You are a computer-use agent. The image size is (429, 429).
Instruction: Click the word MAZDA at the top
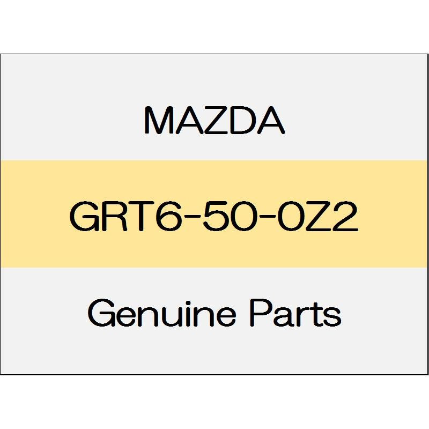(x=214, y=121)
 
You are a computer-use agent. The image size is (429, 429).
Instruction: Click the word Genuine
(x=162, y=313)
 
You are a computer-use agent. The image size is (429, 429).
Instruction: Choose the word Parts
(x=295, y=313)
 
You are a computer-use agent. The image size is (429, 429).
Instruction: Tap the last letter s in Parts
(x=332, y=317)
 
